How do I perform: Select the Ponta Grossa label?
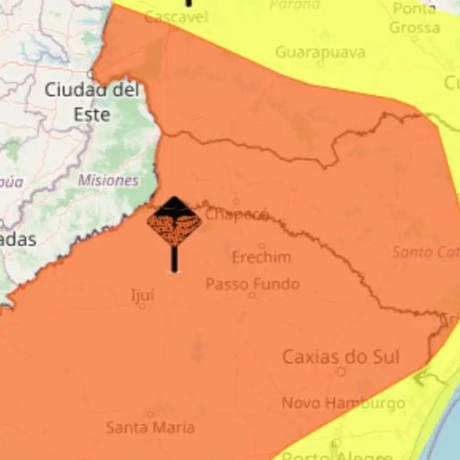(414, 19)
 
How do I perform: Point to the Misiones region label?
(108, 180)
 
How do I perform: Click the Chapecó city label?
(237, 214)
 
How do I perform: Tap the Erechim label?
(261, 257)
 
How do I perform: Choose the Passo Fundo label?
(253, 285)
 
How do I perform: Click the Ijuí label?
(143, 292)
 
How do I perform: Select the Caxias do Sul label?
(341, 356)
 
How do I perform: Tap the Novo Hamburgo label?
(343, 404)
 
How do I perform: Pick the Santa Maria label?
(150, 428)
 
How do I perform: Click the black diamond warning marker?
(173, 225)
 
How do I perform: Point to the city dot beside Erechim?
(262, 245)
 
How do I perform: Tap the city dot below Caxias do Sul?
(340, 371)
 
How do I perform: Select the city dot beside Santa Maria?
(150, 414)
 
